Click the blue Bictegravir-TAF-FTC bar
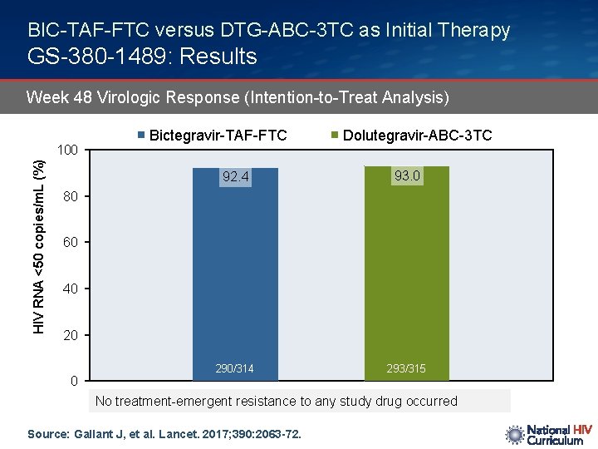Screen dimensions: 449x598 (235, 274)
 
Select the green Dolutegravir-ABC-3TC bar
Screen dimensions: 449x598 (407, 274)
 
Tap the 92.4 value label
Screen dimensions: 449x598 (236, 177)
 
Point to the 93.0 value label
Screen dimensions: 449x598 (407, 175)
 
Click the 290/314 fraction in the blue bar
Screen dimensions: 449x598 (236, 368)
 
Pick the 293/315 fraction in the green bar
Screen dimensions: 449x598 (407, 368)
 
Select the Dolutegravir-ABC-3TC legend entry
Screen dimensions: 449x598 (412, 136)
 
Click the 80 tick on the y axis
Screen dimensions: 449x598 (71, 198)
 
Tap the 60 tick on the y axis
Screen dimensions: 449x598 (71, 244)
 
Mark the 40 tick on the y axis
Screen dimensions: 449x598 (71, 289)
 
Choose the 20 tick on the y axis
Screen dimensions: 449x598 (71, 336)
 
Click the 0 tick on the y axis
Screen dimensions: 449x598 (74, 382)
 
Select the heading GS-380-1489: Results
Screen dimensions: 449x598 (142, 57)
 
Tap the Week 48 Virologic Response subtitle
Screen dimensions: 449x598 (238, 98)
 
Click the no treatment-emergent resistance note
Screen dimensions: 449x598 (277, 401)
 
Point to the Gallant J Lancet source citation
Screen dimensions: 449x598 (164, 434)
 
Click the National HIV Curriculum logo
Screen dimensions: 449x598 (549, 435)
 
